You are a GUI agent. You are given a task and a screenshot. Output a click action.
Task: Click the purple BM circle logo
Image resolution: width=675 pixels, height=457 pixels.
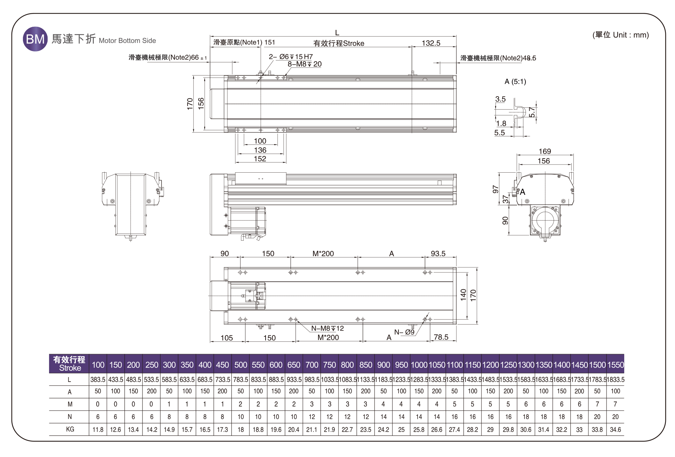point(35,39)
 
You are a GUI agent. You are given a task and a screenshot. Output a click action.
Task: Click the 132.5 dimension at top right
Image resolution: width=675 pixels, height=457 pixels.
point(431,43)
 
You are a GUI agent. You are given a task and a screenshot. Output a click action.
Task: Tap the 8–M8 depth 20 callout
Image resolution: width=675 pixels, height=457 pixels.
point(304,64)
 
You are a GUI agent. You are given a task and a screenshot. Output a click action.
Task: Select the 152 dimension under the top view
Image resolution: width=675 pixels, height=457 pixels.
point(260,159)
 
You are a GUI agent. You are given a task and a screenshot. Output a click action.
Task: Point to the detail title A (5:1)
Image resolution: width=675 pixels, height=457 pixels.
point(515,82)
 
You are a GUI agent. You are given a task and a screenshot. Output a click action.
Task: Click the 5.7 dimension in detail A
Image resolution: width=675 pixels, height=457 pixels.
point(532,112)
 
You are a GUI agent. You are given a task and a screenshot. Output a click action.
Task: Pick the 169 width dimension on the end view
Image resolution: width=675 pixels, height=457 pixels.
point(545,152)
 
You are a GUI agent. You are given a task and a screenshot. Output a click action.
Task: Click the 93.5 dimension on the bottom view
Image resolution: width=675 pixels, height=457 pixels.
point(438,254)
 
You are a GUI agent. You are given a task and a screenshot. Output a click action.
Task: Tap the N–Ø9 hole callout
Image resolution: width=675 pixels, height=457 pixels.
point(404,332)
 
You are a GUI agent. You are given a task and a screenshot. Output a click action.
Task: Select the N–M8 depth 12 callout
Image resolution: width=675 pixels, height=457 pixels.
point(327,328)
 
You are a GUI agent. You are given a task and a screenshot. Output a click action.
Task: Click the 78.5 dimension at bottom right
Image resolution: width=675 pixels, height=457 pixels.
point(441,337)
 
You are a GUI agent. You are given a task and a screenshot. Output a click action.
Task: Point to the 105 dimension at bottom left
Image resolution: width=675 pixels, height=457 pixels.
point(226,338)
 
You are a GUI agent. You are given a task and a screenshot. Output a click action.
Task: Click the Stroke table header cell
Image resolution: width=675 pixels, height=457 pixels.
point(69,364)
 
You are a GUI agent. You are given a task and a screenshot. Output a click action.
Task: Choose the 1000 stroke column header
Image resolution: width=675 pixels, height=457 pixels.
point(419,365)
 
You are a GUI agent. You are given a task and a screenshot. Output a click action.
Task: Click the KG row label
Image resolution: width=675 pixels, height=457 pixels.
point(70,429)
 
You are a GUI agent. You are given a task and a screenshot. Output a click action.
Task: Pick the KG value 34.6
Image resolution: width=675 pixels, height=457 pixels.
point(615,430)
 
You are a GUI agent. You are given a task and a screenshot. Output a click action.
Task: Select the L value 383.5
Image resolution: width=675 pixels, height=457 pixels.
point(98,379)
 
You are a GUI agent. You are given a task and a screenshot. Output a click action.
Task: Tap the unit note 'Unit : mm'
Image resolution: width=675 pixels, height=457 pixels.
point(621,35)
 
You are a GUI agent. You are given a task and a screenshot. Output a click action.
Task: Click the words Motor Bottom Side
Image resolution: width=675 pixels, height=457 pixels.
point(127,41)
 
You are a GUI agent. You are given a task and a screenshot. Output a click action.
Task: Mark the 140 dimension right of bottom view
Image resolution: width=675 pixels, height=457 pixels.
point(463,295)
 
